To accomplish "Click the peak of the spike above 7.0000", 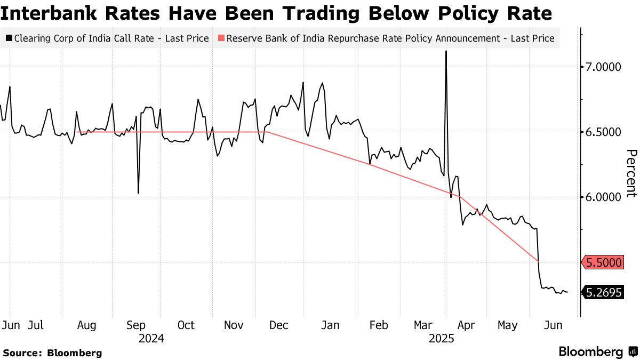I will [445, 51].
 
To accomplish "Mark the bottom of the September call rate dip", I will [138, 193].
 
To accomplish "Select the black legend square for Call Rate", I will [9, 38].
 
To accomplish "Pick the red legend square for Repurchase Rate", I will [221, 38].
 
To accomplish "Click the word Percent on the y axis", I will [631, 173].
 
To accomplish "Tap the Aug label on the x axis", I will [86, 325].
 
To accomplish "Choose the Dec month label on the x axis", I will [279, 325].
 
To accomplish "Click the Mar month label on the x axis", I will [422, 325].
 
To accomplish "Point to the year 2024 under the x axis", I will [151, 338].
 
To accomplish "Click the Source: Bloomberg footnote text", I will [52, 353].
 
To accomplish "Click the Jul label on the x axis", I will [35, 325].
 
